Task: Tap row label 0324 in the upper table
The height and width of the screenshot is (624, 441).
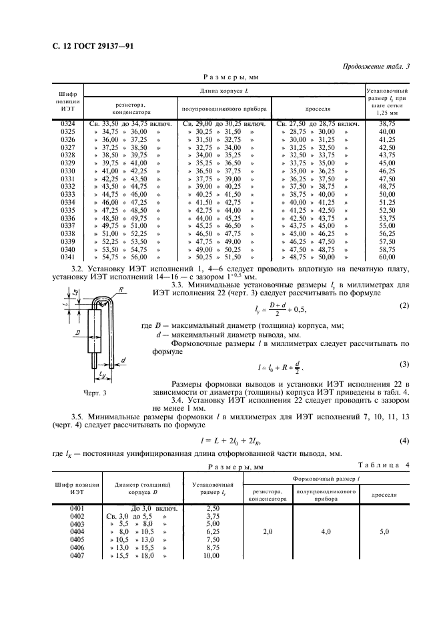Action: pyautogui.click(x=68, y=125)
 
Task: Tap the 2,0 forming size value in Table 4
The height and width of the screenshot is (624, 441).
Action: pyautogui.click(x=267, y=532)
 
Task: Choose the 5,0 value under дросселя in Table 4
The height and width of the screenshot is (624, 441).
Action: pyautogui.click(x=384, y=532)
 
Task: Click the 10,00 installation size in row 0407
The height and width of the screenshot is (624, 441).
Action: pyautogui.click(x=211, y=555)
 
